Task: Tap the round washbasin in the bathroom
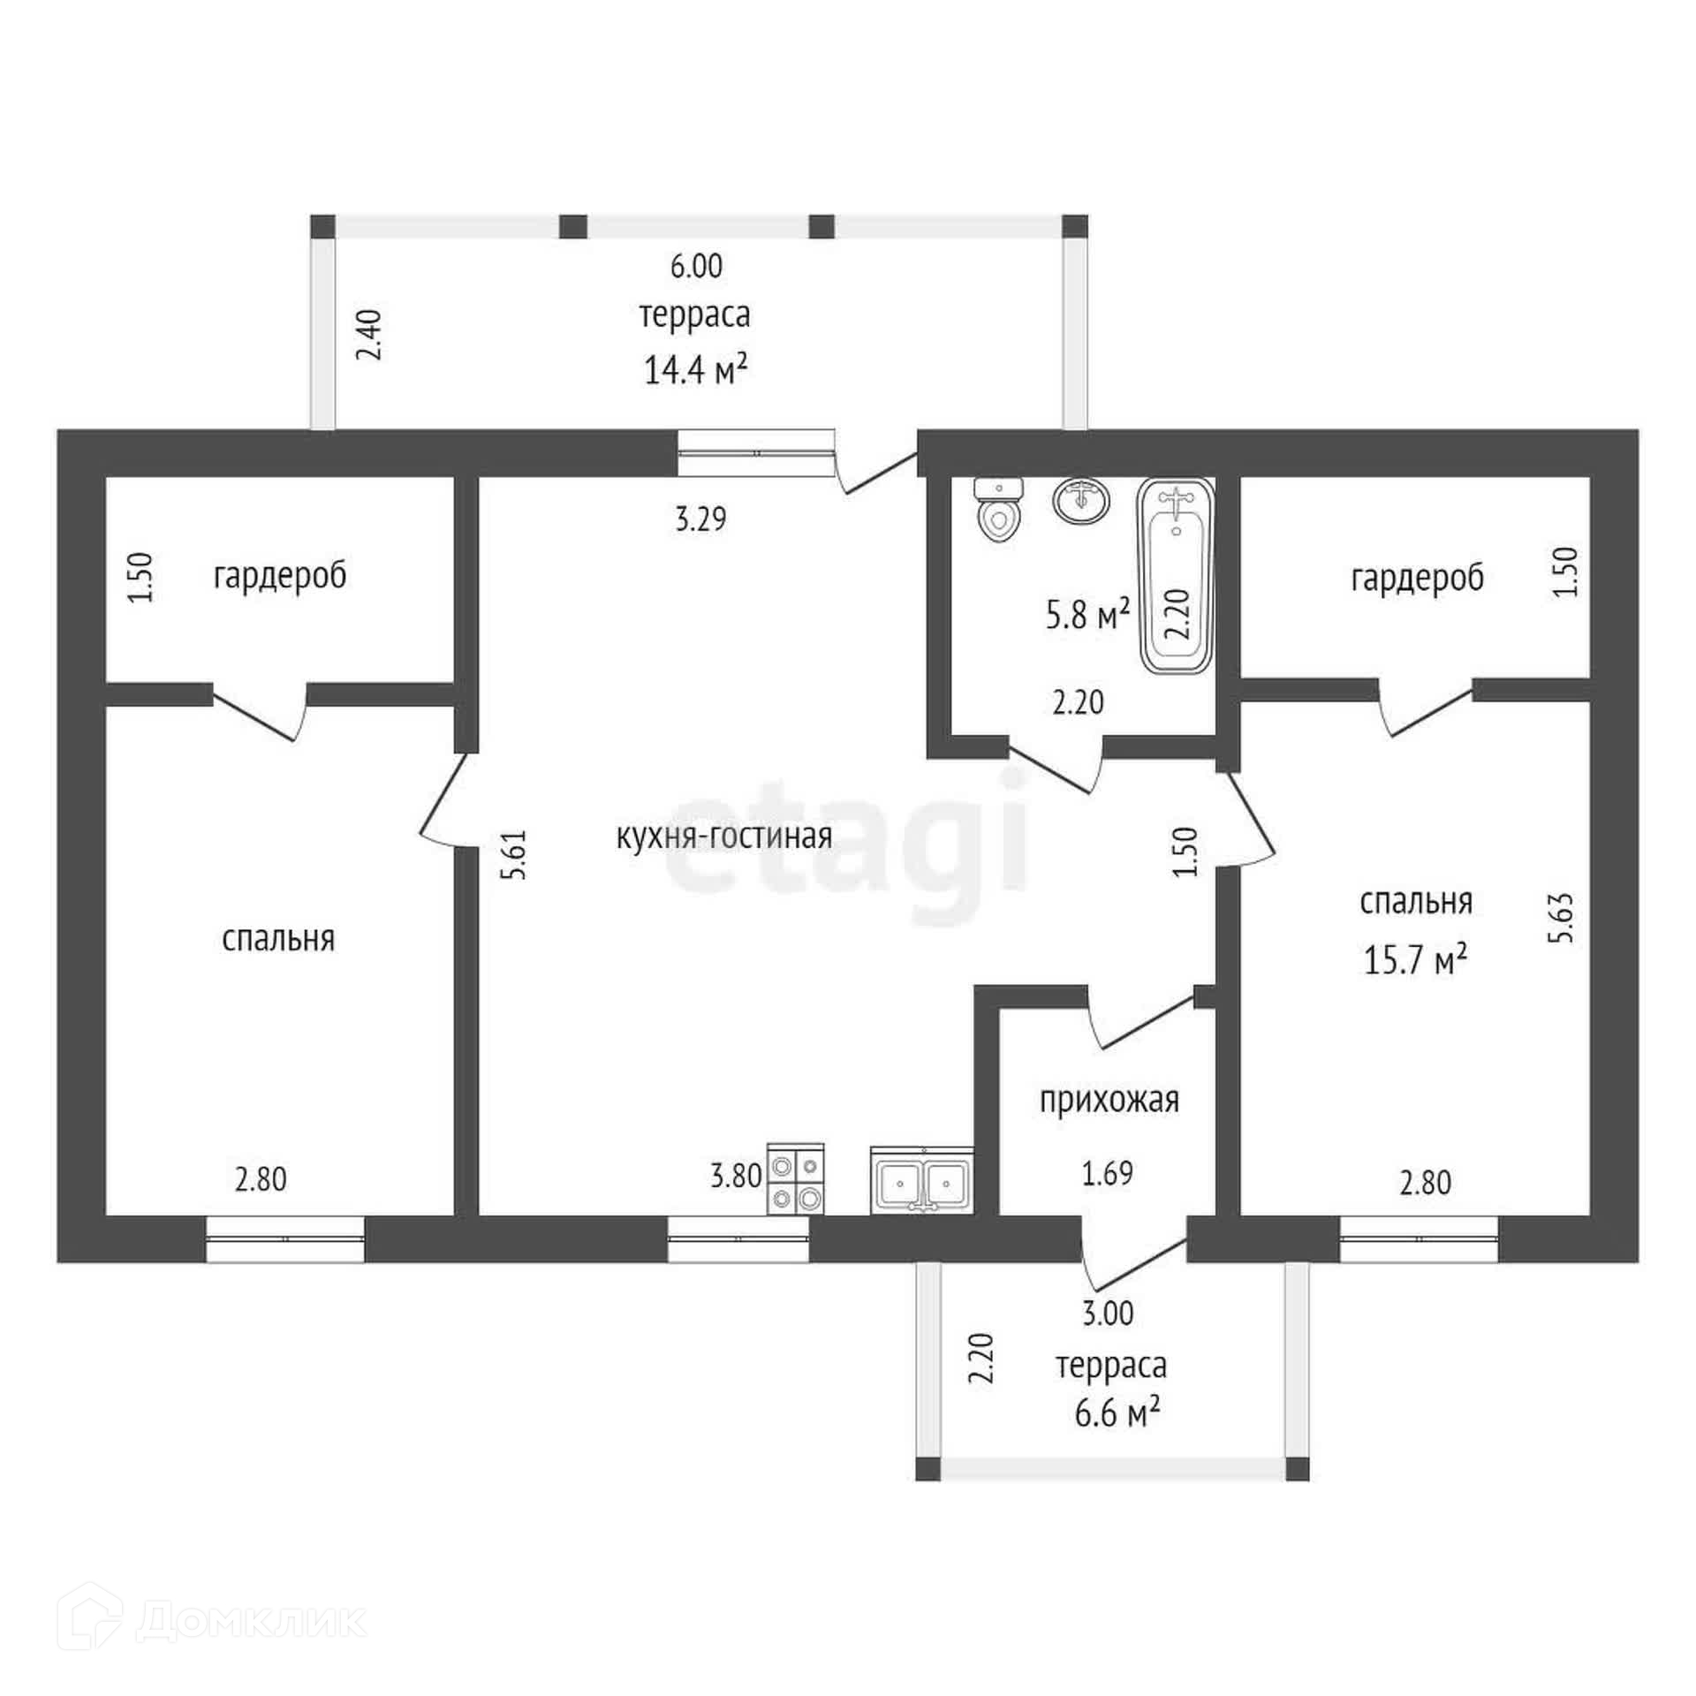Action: click(x=1080, y=501)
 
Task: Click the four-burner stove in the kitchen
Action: click(x=796, y=1177)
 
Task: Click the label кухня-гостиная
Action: click(x=724, y=836)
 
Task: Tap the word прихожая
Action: click(x=1109, y=1101)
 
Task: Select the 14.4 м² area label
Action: click(x=696, y=370)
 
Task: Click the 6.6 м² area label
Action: click(x=1117, y=1413)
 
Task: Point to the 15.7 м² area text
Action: click(x=1416, y=959)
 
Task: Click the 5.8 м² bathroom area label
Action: click(x=1088, y=615)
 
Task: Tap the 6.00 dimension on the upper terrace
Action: click(x=696, y=266)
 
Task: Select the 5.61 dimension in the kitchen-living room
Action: click(x=513, y=853)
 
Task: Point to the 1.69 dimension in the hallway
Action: click(x=1108, y=1173)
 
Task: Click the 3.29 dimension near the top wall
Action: click(x=701, y=519)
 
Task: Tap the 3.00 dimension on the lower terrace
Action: click(x=1108, y=1314)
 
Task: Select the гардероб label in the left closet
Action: click(x=280, y=576)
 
